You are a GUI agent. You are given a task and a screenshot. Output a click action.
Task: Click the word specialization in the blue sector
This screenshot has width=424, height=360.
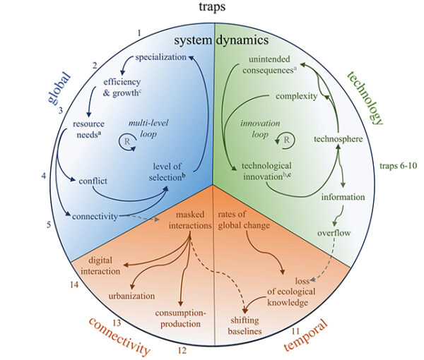tap(160, 56)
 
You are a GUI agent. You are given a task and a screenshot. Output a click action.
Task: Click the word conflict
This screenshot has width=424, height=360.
tap(93, 181)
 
